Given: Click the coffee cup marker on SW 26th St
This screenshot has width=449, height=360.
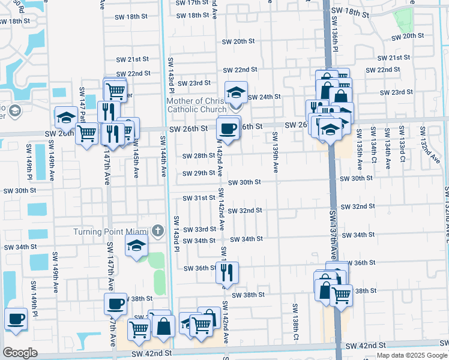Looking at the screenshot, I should (x=228, y=128).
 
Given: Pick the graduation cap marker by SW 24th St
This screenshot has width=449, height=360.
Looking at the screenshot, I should (x=236, y=93).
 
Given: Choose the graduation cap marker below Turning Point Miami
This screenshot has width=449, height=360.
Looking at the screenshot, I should (x=136, y=246).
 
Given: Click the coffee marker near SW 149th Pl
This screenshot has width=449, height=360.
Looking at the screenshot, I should (x=16, y=319).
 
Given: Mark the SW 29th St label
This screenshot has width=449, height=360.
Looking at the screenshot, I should (x=199, y=173).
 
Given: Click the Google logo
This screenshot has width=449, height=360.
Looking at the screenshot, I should (x=20, y=353).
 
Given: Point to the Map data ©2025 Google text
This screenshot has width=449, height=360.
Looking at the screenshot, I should (x=411, y=355).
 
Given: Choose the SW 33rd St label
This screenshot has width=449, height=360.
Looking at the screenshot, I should (x=199, y=230).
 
